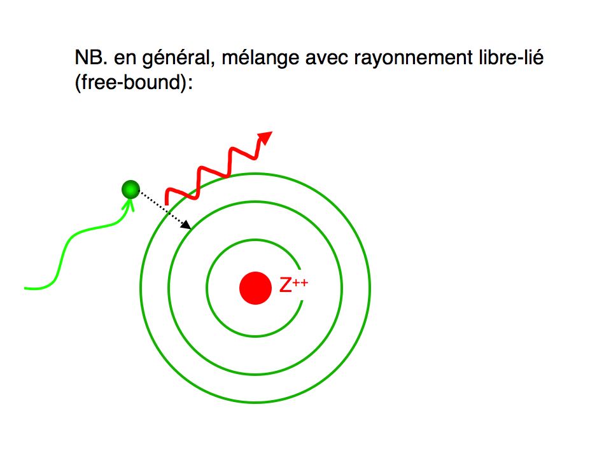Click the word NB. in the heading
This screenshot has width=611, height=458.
[91, 58]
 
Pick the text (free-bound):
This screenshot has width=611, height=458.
[134, 83]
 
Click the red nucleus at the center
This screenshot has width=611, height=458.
[255, 288]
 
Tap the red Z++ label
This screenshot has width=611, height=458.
[294, 285]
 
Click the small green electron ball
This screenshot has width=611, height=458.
[130, 190]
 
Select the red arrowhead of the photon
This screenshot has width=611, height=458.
[265, 138]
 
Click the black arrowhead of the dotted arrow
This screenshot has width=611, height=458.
[186, 225]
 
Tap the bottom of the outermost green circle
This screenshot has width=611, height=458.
[255, 402]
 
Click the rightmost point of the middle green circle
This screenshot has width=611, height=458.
[342, 288]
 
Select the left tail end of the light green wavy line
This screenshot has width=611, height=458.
[25, 288]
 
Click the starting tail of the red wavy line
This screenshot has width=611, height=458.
[167, 204]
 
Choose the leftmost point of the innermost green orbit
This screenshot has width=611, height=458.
[206, 288]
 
